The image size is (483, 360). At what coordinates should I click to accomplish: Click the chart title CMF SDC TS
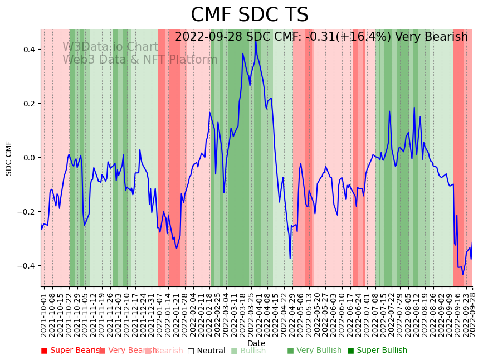[x=249, y=15]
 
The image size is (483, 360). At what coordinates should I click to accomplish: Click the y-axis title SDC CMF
[x=9, y=158]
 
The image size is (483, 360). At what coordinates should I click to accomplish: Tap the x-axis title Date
[x=256, y=343]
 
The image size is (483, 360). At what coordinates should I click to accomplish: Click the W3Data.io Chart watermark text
[x=110, y=47]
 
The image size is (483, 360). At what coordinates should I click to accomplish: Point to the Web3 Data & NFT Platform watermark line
[x=140, y=60]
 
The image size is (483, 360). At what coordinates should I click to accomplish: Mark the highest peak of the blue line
[x=256, y=41]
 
